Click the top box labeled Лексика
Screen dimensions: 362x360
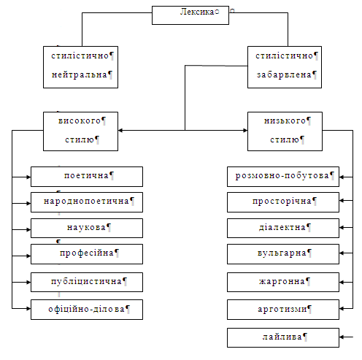pos(190,15)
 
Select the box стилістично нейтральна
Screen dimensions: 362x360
pos(80,67)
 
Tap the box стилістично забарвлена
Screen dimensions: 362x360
pos(285,67)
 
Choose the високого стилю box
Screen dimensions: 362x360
pos(80,131)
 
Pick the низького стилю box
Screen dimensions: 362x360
pos(285,131)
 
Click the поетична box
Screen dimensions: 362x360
pos(87,177)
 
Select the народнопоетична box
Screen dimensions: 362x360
pos(87,202)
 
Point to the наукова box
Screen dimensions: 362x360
pos(87,228)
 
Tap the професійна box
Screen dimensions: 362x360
pos(87,254)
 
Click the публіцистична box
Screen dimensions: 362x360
pos(87,282)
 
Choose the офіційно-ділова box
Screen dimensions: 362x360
pos(87,310)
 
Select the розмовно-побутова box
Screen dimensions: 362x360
pos(283,177)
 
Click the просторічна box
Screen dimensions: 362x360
pos(283,202)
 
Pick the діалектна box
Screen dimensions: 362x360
pos(283,228)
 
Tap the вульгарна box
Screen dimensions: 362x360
pos(283,254)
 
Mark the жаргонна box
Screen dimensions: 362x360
pos(283,282)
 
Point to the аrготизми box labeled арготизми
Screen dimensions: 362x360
pos(283,310)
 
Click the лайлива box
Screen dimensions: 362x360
pos(283,337)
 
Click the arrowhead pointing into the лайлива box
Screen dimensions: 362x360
pos(342,337)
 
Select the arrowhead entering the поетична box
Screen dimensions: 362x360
pos(28,177)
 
